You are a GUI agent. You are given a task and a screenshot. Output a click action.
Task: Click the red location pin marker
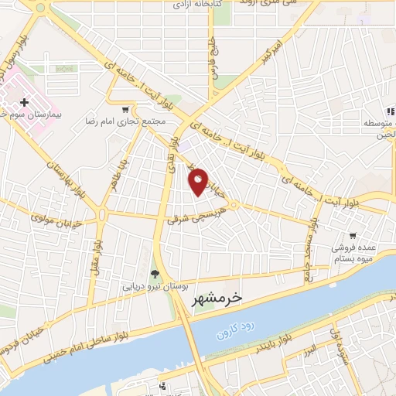coord(198,181)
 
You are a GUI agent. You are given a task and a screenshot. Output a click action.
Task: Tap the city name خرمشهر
coord(215,297)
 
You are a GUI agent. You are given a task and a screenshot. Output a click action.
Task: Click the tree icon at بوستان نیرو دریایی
coord(155,273)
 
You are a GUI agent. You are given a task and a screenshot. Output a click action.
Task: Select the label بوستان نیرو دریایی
coord(152,285)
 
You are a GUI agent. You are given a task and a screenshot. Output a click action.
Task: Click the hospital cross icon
coord(25,102)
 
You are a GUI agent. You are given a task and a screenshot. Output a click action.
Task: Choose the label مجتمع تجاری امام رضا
coord(125,122)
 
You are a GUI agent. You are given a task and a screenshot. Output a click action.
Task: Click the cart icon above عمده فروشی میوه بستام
coord(353,235)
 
